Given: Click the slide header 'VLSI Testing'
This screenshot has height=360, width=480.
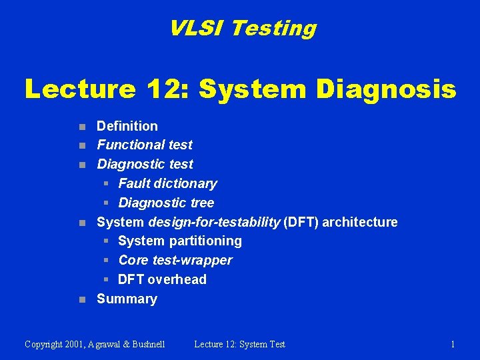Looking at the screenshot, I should click(x=242, y=28).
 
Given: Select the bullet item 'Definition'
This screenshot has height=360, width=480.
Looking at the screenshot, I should click(x=127, y=126).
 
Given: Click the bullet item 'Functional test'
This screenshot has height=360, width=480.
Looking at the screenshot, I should click(x=145, y=145).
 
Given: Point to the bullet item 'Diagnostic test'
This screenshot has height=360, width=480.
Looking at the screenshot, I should click(x=145, y=164).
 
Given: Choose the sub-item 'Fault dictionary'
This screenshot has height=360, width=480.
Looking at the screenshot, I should click(x=167, y=183).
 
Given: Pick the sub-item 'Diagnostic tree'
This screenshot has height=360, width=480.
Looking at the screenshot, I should click(x=166, y=203).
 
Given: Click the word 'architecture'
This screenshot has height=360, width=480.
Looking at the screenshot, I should click(x=360, y=222).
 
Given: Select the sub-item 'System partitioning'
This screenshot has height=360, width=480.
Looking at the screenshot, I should click(x=180, y=241).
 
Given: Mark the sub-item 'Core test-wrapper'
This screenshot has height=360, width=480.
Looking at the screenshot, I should click(x=175, y=260).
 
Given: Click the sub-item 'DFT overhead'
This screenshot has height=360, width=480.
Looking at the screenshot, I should click(x=162, y=279).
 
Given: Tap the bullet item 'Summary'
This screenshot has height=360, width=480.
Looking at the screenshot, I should click(x=127, y=299).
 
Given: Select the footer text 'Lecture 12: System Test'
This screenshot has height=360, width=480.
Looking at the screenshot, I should click(x=239, y=344).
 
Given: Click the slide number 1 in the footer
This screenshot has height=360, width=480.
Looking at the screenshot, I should click(x=453, y=344).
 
